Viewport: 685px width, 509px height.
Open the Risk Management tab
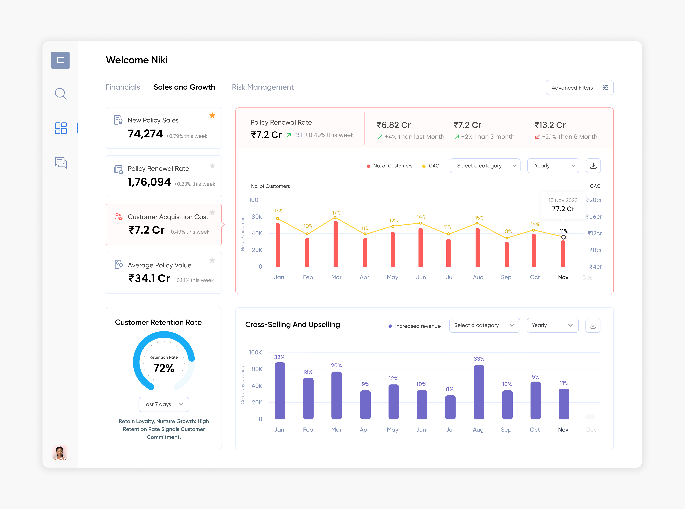pyautogui.click(x=262, y=87)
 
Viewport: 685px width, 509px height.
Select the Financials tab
pyautogui.click(x=123, y=87)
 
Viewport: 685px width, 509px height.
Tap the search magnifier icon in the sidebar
pyautogui.click(x=61, y=94)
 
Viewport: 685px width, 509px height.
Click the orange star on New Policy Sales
pyautogui.click(x=212, y=116)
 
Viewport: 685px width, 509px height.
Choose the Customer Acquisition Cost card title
pyautogui.click(x=168, y=217)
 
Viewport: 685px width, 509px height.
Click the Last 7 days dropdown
pyautogui.click(x=164, y=404)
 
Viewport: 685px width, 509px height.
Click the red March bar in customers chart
pyautogui.click(x=335, y=243)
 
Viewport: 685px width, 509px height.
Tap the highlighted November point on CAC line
pyautogui.click(x=563, y=237)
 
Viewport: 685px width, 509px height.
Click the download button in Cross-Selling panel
pyautogui.click(x=593, y=325)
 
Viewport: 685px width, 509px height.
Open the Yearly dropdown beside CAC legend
pyautogui.click(x=553, y=166)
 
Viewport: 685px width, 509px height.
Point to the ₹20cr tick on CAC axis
pyautogui.click(x=594, y=200)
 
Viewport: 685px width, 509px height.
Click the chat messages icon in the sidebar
pyautogui.click(x=61, y=163)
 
